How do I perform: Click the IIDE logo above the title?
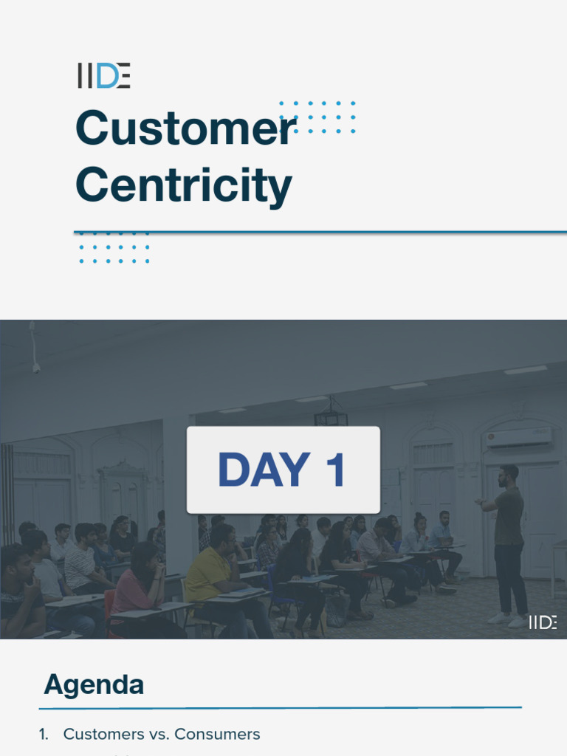pos(104,76)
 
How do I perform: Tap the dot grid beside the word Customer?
pos(318,117)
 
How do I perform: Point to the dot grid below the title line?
pos(114,248)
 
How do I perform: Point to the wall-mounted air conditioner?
pos(519,438)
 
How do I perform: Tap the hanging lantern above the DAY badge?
pos(331,415)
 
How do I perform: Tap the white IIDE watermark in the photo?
pos(543,622)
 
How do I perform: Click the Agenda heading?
pos(94,685)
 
